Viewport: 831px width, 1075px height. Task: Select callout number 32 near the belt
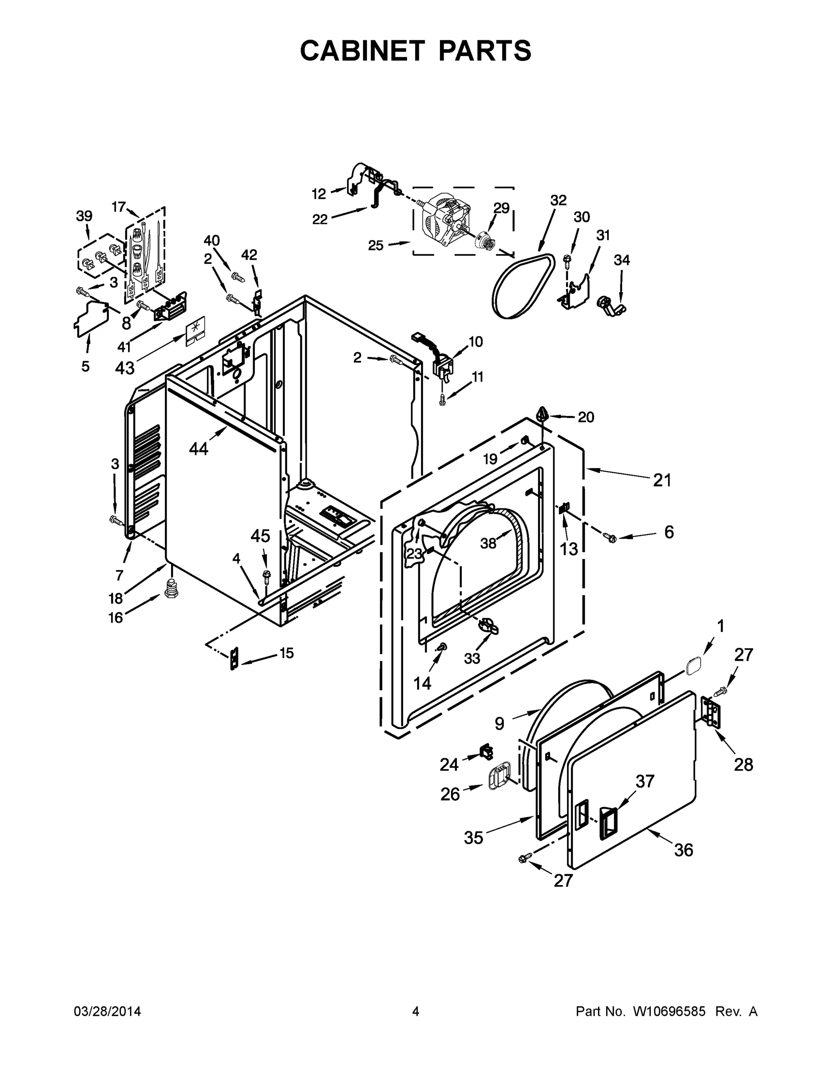558,200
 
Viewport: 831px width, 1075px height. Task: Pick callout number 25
375,245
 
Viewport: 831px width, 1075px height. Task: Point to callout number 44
198,448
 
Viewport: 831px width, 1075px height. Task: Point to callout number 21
662,480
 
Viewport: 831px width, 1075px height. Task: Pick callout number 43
125,367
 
